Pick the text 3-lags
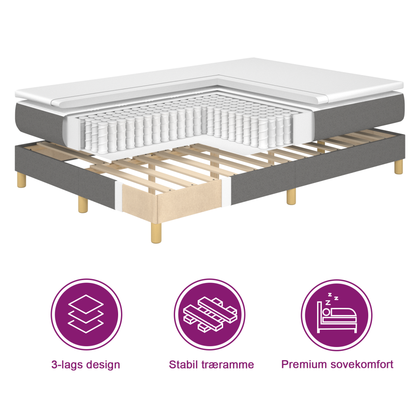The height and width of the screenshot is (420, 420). [67, 364]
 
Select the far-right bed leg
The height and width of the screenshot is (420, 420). [398, 167]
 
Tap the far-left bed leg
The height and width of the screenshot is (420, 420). [22, 180]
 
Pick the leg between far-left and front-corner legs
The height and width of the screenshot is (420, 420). [83, 203]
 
